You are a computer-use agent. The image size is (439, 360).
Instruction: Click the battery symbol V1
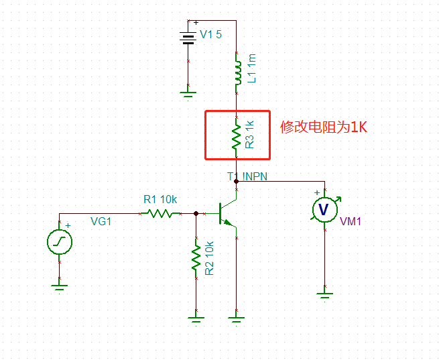(x=188, y=37)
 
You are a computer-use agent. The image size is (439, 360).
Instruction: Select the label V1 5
(x=211, y=35)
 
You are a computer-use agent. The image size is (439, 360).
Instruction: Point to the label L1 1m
(x=252, y=69)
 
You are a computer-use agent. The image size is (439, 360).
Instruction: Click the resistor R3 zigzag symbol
(x=237, y=135)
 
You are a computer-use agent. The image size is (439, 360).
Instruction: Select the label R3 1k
(x=249, y=134)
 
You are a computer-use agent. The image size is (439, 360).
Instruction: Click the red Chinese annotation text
(x=324, y=127)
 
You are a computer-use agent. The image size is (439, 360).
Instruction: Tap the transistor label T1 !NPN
(x=248, y=176)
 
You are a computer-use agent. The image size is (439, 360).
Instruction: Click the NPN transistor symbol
(x=228, y=213)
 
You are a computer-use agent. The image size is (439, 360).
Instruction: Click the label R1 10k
(x=160, y=199)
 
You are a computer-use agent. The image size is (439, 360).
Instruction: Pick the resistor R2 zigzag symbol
(x=196, y=258)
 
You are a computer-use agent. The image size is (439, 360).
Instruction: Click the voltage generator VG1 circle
(x=60, y=242)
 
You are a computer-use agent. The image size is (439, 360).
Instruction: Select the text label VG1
(x=101, y=221)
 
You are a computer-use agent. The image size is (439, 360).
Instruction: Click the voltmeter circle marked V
(x=324, y=210)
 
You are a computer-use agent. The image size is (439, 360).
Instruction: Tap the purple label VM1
(x=351, y=221)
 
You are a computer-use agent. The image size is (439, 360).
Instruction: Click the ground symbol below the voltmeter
(x=324, y=294)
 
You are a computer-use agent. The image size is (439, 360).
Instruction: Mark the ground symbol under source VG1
(x=60, y=286)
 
